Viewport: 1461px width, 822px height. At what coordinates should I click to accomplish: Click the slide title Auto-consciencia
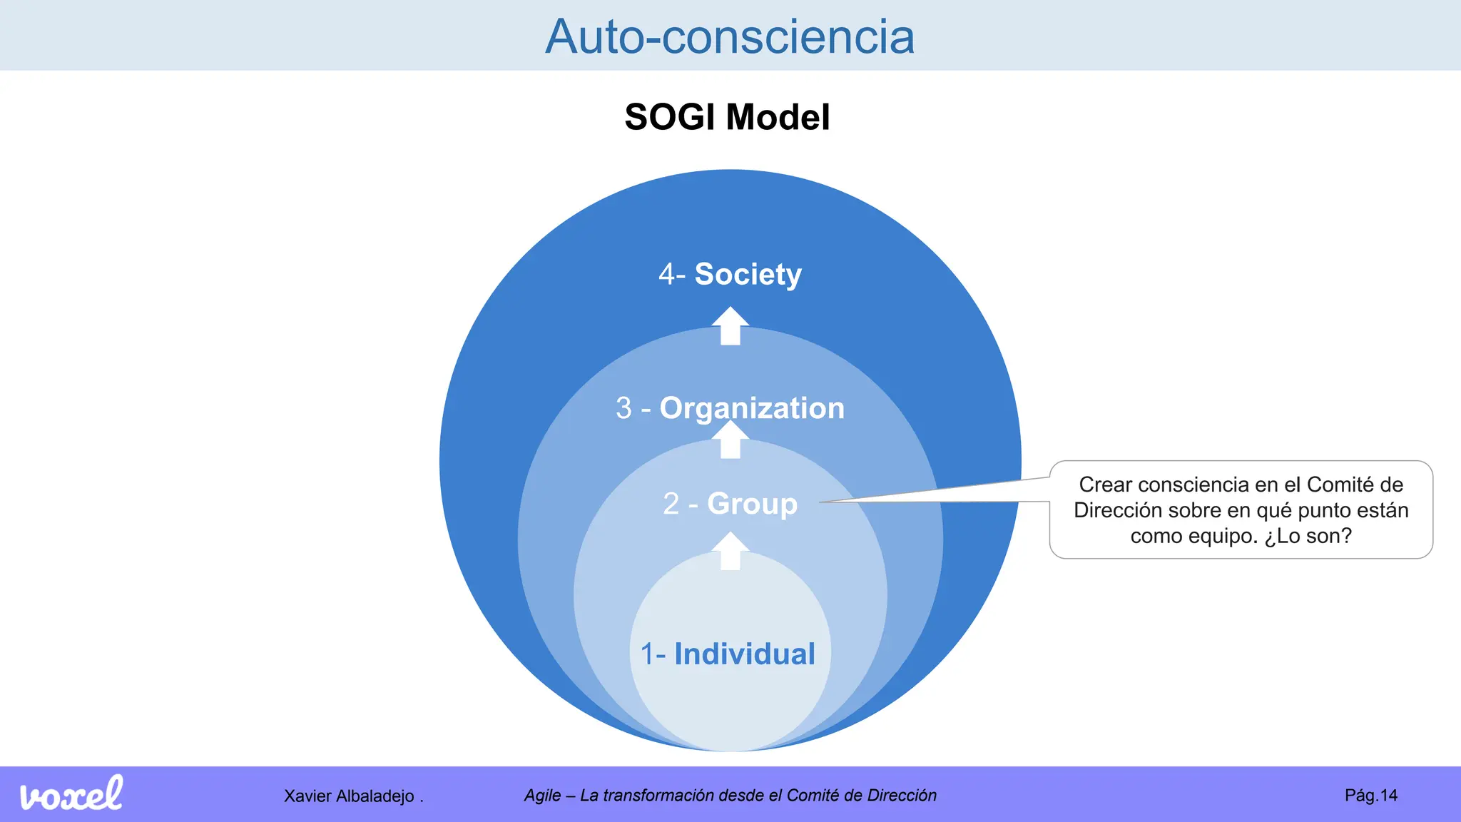pyautogui.click(x=730, y=36)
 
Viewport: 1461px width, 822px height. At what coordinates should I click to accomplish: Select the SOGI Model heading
pyautogui.click(x=727, y=117)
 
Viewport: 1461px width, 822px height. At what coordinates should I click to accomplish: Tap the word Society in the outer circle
pyautogui.click(x=748, y=274)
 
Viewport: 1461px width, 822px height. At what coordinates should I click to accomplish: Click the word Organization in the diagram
pyautogui.click(x=752, y=408)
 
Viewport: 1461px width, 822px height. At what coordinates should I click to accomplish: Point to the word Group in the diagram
pyautogui.click(x=752, y=504)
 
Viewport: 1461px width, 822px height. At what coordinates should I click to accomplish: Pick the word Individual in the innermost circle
pyautogui.click(x=745, y=654)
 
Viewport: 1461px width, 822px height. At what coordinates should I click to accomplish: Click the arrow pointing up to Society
pyautogui.click(x=730, y=326)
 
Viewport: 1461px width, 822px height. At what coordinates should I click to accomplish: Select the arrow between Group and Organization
pyautogui.click(x=730, y=440)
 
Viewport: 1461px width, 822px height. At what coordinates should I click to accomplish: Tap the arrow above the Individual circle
pyautogui.click(x=730, y=552)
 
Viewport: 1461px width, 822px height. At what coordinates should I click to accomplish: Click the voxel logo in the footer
pyautogui.click(x=71, y=794)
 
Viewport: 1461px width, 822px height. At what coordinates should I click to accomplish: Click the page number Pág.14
pyautogui.click(x=1370, y=796)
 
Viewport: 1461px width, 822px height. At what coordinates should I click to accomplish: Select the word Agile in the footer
pyautogui.click(x=542, y=796)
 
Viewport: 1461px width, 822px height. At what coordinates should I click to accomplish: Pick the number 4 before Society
pyautogui.click(x=667, y=275)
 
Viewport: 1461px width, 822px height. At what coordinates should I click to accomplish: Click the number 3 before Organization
pyautogui.click(x=623, y=409)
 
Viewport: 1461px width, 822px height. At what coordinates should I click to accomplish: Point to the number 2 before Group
pyautogui.click(x=671, y=504)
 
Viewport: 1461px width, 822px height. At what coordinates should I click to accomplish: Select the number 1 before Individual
pyautogui.click(x=647, y=655)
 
